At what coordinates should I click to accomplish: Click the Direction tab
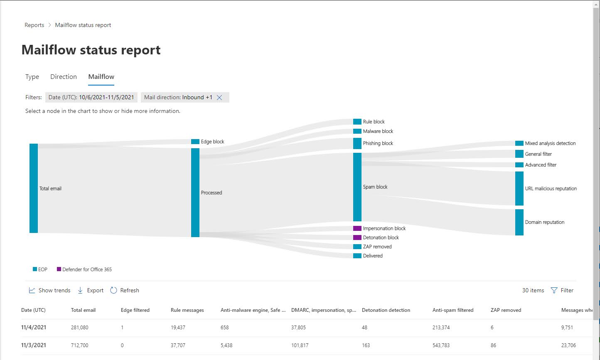coord(63,77)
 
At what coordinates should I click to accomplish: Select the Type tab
coord(32,77)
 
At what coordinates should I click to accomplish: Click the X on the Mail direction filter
coord(220,98)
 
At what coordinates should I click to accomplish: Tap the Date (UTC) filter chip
coord(91,98)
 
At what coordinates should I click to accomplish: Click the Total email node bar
coord(34,188)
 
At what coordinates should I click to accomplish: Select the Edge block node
coord(195,142)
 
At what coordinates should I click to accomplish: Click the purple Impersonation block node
coord(357,228)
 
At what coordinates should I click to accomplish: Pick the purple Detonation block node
coord(357,238)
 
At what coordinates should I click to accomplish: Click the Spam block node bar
coord(357,187)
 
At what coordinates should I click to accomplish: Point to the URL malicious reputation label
coord(551,189)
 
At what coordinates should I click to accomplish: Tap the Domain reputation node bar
coord(519,222)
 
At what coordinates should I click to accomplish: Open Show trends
coord(50,290)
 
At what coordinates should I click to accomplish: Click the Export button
coord(91,290)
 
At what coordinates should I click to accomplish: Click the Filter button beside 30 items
coord(562,290)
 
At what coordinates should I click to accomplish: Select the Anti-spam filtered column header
coord(453,310)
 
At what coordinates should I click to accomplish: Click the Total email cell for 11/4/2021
coord(80,327)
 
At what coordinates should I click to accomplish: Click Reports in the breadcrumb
coord(34,25)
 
